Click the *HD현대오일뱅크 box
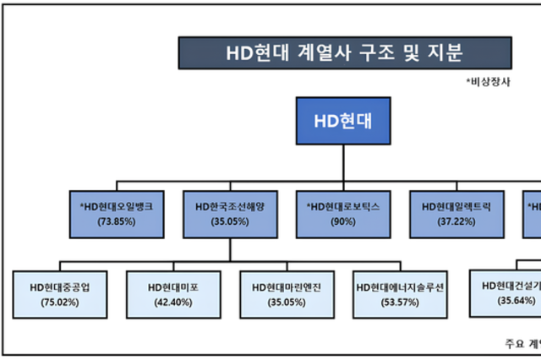pos(117,213)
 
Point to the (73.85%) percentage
pos(117,221)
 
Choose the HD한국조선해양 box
pos(229,213)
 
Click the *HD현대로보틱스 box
pos(342,213)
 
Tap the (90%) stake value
pos(342,221)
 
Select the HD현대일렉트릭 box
pos(456,213)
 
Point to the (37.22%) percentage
pos(456,221)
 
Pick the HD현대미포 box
pos(172,293)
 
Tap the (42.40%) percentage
pos(172,302)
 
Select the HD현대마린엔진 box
pos(286,293)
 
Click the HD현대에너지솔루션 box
pos(399,293)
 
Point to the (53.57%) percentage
pos(399,302)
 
